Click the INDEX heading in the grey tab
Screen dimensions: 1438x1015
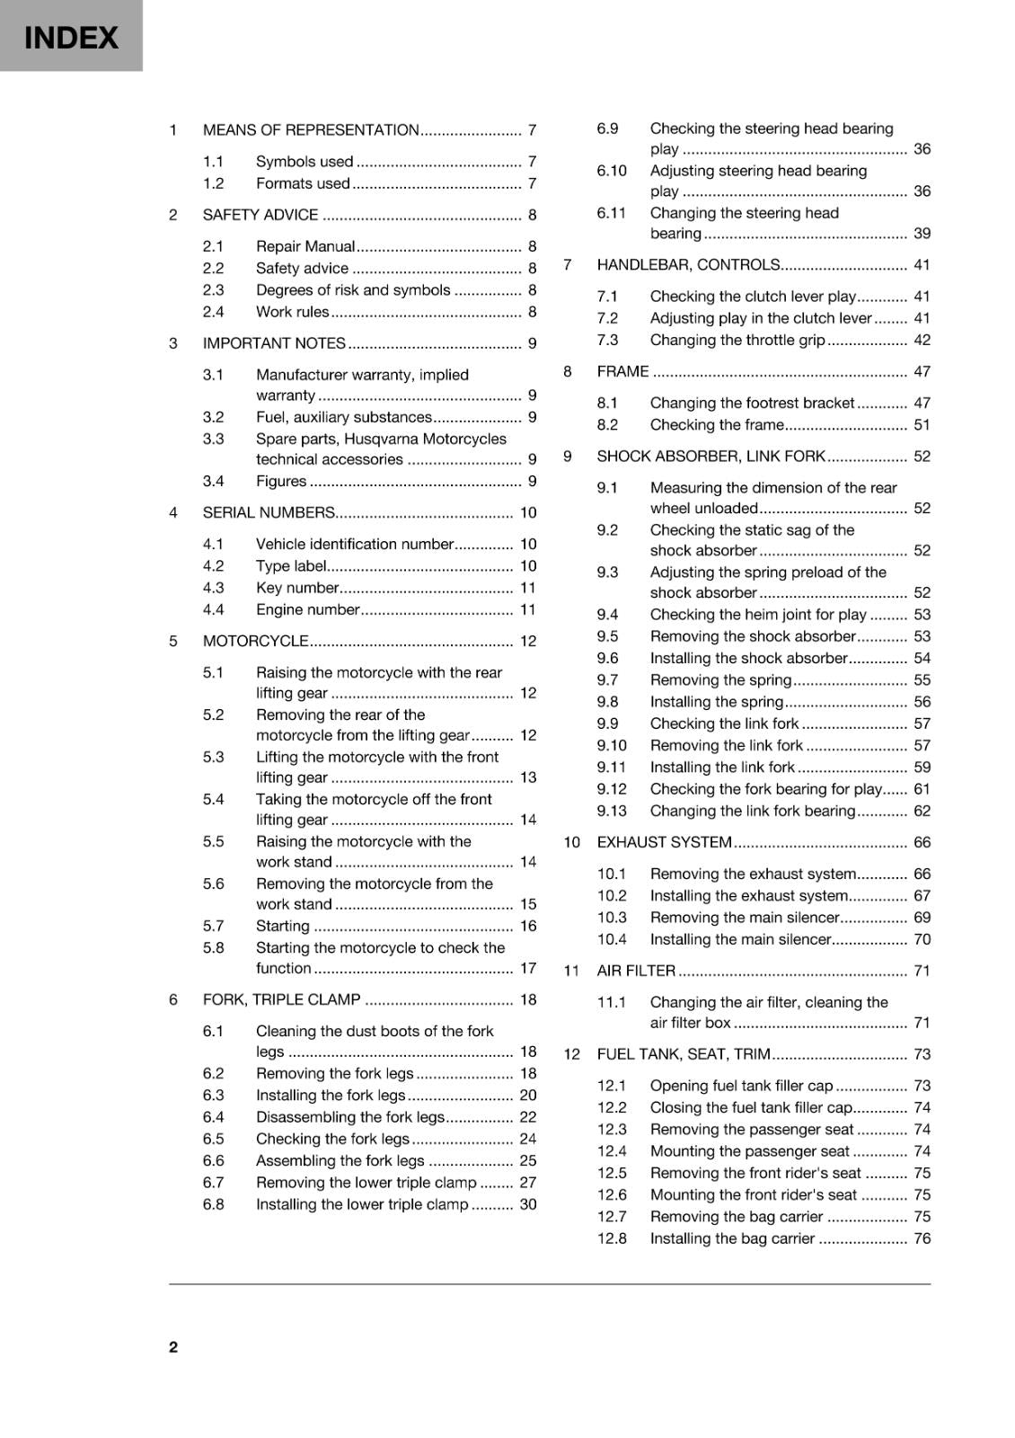[x=71, y=38]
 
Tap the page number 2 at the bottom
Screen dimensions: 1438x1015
[x=173, y=1346]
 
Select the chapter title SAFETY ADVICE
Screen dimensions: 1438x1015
[x=260, y=215]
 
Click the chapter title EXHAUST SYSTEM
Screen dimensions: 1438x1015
[x=664, y=842]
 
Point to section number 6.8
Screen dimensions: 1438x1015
[x=213, y=1204]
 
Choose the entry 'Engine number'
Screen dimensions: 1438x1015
[x=307, y=609]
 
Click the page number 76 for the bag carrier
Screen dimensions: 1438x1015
[x=922, y=1238]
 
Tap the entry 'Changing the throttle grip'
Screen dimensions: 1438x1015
[x=737, y=340]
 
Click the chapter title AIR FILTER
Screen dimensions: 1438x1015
[x=636, y=971]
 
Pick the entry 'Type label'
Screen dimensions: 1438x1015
[x=291, y=566]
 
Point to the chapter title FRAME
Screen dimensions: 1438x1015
[x=622, y=371]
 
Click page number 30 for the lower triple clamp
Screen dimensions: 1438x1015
[x=528, y=1204]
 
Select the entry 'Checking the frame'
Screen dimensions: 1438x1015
[x=717, y=425]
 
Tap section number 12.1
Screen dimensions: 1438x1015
[x=612, y=1086]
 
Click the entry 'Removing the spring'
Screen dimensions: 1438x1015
[x=720, y=680]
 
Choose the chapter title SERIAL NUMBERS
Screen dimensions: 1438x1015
[x=269, y=513]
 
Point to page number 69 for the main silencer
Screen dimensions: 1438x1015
[x=922, y=918]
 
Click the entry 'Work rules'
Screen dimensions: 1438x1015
[x=292, y=312]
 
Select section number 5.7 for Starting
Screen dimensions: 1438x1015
[x=213, y=926]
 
